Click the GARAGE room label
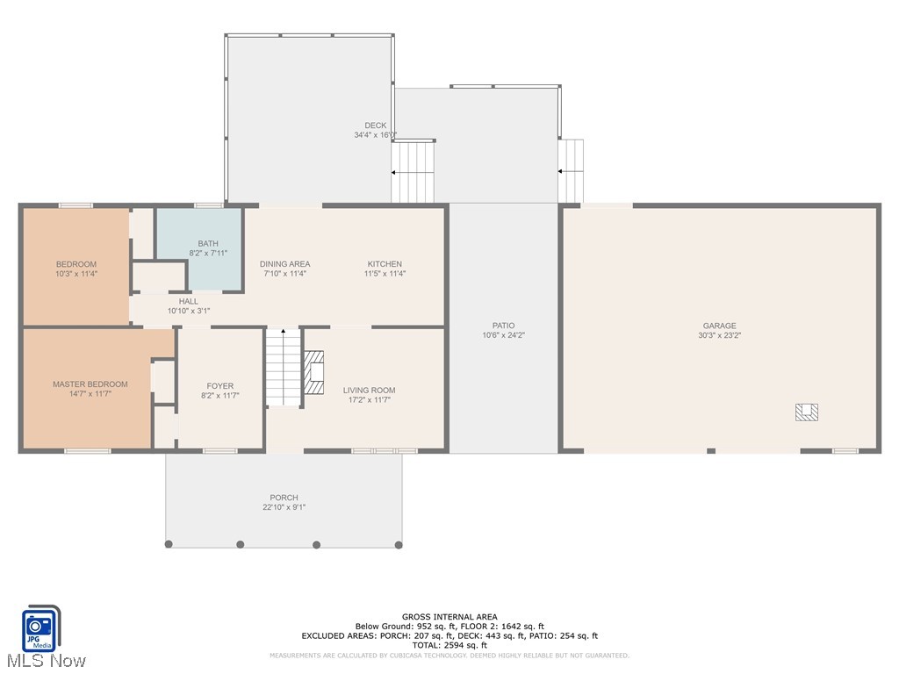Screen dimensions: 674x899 (x=718, y=326)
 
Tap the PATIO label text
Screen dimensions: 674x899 (x=503, y=326)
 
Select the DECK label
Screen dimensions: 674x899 (x=375, y=125)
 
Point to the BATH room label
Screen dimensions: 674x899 (x=208, y=244)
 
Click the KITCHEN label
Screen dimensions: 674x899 (x=385, y=264)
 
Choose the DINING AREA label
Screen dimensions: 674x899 (x=284, y=264)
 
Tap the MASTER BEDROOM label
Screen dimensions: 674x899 (x=90, y=384)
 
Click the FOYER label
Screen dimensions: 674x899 (x=220, y=386)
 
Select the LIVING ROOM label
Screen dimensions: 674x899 (x=369, y=391)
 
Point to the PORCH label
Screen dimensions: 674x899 (x=284, y=498)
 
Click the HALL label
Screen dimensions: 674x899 (x=189, y=301)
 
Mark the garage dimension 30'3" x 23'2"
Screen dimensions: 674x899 (x=718, y=335)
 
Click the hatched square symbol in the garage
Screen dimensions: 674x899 (x=807, y=412)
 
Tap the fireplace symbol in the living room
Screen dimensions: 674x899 (x=314, y=371)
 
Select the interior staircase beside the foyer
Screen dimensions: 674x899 (x=284, y=368)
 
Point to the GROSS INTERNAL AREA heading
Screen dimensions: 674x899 (x=449, y=617)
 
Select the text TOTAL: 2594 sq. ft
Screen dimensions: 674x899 (x=449, y=645)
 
